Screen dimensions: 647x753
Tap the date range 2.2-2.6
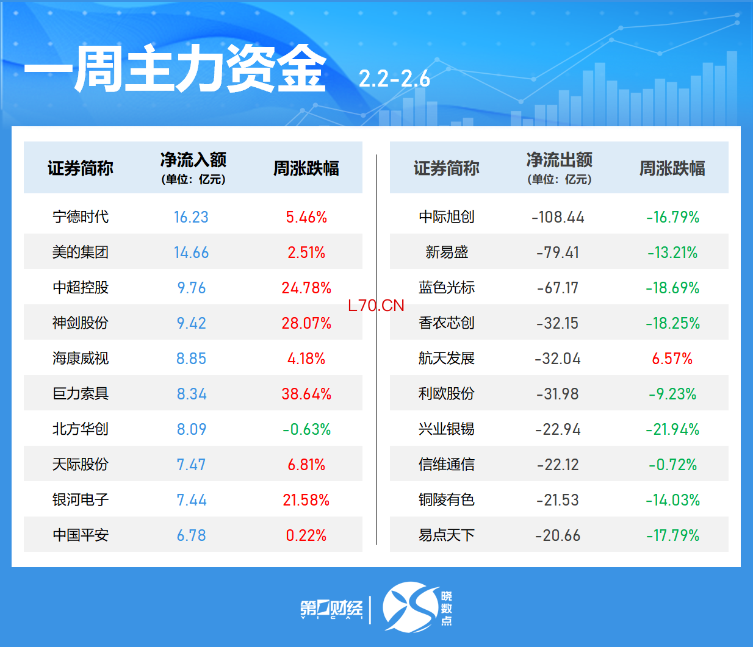[394, 79]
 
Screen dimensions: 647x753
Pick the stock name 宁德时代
[81, 217]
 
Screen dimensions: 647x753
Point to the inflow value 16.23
[191, 217]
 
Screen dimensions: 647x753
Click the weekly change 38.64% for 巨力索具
[306, 394]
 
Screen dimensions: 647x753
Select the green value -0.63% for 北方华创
[306, 429]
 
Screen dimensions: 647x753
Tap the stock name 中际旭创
[447, 217]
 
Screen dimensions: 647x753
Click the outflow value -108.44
[558, 217]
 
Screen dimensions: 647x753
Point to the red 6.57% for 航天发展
[672, 359]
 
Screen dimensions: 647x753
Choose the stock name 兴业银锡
[447, 429]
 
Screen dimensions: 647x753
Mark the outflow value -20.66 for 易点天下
[558, 535]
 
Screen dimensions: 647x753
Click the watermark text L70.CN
[376, 306]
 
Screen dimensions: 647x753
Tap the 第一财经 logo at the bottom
[331, 609]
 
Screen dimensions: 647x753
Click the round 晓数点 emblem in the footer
[411, 607]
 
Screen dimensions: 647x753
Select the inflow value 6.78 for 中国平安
[191, 535]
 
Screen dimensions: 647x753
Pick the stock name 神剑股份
[81, 323]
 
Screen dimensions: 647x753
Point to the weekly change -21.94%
[672, 429]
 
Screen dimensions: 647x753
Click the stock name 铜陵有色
[447, 500]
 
